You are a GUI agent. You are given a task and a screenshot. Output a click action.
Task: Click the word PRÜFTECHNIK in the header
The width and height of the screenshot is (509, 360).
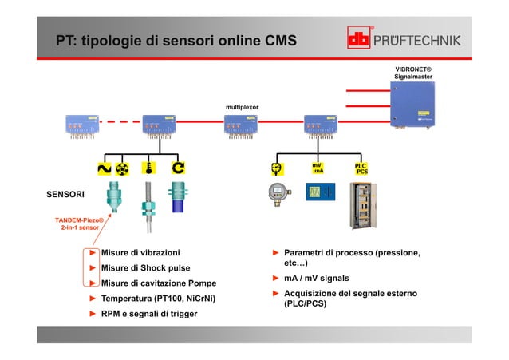coord(428,40)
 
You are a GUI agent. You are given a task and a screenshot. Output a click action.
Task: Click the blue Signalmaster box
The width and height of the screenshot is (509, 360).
coord(412,105)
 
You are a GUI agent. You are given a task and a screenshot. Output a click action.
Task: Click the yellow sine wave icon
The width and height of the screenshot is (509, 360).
coord(104,168)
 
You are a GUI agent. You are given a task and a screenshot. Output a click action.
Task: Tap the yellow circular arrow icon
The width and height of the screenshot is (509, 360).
coord(179,168)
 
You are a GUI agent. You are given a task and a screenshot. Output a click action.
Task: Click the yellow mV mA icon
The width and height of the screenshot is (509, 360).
coord(318,168)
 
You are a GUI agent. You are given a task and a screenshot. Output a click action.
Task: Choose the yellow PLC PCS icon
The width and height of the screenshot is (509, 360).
coord(361,168)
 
